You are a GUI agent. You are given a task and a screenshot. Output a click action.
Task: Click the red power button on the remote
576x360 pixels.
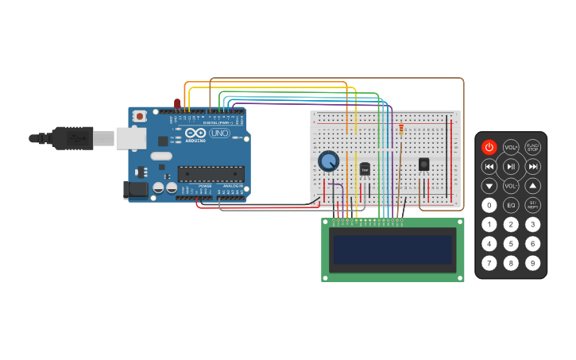tap(489, 147)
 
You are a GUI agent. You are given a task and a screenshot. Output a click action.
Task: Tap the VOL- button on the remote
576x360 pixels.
tap(511, 186)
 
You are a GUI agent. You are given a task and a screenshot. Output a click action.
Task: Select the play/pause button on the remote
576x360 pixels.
tap(511, 166)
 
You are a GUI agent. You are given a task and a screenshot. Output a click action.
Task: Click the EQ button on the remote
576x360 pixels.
tap(511, 205)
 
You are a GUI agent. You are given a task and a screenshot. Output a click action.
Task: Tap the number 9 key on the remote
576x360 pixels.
tap(532, 263)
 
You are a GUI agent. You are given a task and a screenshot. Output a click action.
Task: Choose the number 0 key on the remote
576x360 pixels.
tap(489, 205)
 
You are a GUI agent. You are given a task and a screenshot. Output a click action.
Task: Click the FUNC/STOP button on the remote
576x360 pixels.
tap(532, 147)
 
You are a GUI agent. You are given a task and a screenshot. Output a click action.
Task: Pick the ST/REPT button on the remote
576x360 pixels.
tap(532, 205)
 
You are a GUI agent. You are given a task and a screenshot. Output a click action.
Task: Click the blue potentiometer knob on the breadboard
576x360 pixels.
tap(329, 161)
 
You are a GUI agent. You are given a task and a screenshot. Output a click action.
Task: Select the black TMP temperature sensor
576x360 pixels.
tap(365, 168)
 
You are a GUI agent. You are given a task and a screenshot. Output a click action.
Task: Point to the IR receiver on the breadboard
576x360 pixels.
tap(423, 165)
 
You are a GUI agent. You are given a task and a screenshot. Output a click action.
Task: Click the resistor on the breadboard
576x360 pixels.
tap(401, 129)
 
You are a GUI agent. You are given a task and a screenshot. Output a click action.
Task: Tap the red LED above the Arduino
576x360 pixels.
tap(177, 104)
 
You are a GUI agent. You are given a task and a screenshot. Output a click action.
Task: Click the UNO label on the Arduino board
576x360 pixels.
tap(220, 133)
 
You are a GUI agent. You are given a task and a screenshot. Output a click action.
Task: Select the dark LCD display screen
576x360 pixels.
tap(392, 250)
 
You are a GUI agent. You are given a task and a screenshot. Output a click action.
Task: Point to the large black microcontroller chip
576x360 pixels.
tap(211, 173)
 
